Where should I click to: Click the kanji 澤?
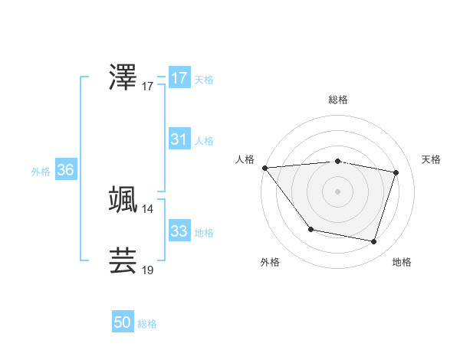(123, 77)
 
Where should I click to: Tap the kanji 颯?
(123, 199)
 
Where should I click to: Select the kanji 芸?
(123, 260)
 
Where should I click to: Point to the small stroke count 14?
(148, 208)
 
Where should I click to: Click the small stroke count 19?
(148, 270)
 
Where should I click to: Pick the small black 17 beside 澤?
(148, 87)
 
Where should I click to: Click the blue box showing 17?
(179, 78)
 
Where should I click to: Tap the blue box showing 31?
(179, 139)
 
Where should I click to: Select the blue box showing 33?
(179, 231)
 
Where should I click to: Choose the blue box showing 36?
(65, 170)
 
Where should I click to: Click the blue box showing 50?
(123, 322)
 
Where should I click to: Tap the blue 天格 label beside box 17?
(204, 80)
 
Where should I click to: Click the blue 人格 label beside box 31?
(204, 141)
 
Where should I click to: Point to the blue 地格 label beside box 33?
(204, 232)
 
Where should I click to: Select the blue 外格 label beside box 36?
(41, 172)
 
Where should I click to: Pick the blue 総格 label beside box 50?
(147, 324)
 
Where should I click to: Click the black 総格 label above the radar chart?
(338, 100)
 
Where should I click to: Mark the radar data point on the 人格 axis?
(264, 168)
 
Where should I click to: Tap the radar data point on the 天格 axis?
(396, 172)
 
